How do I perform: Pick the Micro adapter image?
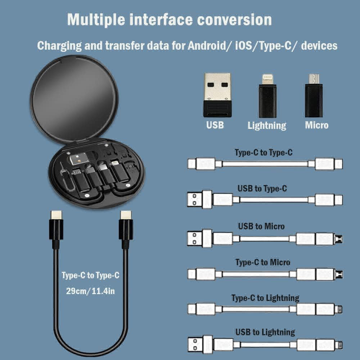(x=314, y=95)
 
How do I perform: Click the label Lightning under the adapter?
(x=267, y=126)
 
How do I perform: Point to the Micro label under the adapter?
(x=317, y=125)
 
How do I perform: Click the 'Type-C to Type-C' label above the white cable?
(x=264, y=153)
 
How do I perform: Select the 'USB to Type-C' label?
(x=262, y=188)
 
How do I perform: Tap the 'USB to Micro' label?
(x=261, y=226)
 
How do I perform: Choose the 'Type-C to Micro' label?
(x=263, y=262)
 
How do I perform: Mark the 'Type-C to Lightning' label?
(x=265, y=298)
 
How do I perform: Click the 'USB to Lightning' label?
(x=265, y=332)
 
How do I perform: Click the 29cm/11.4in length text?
(x=90, y=291)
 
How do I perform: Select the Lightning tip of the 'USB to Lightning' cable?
(x=339, y=345)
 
